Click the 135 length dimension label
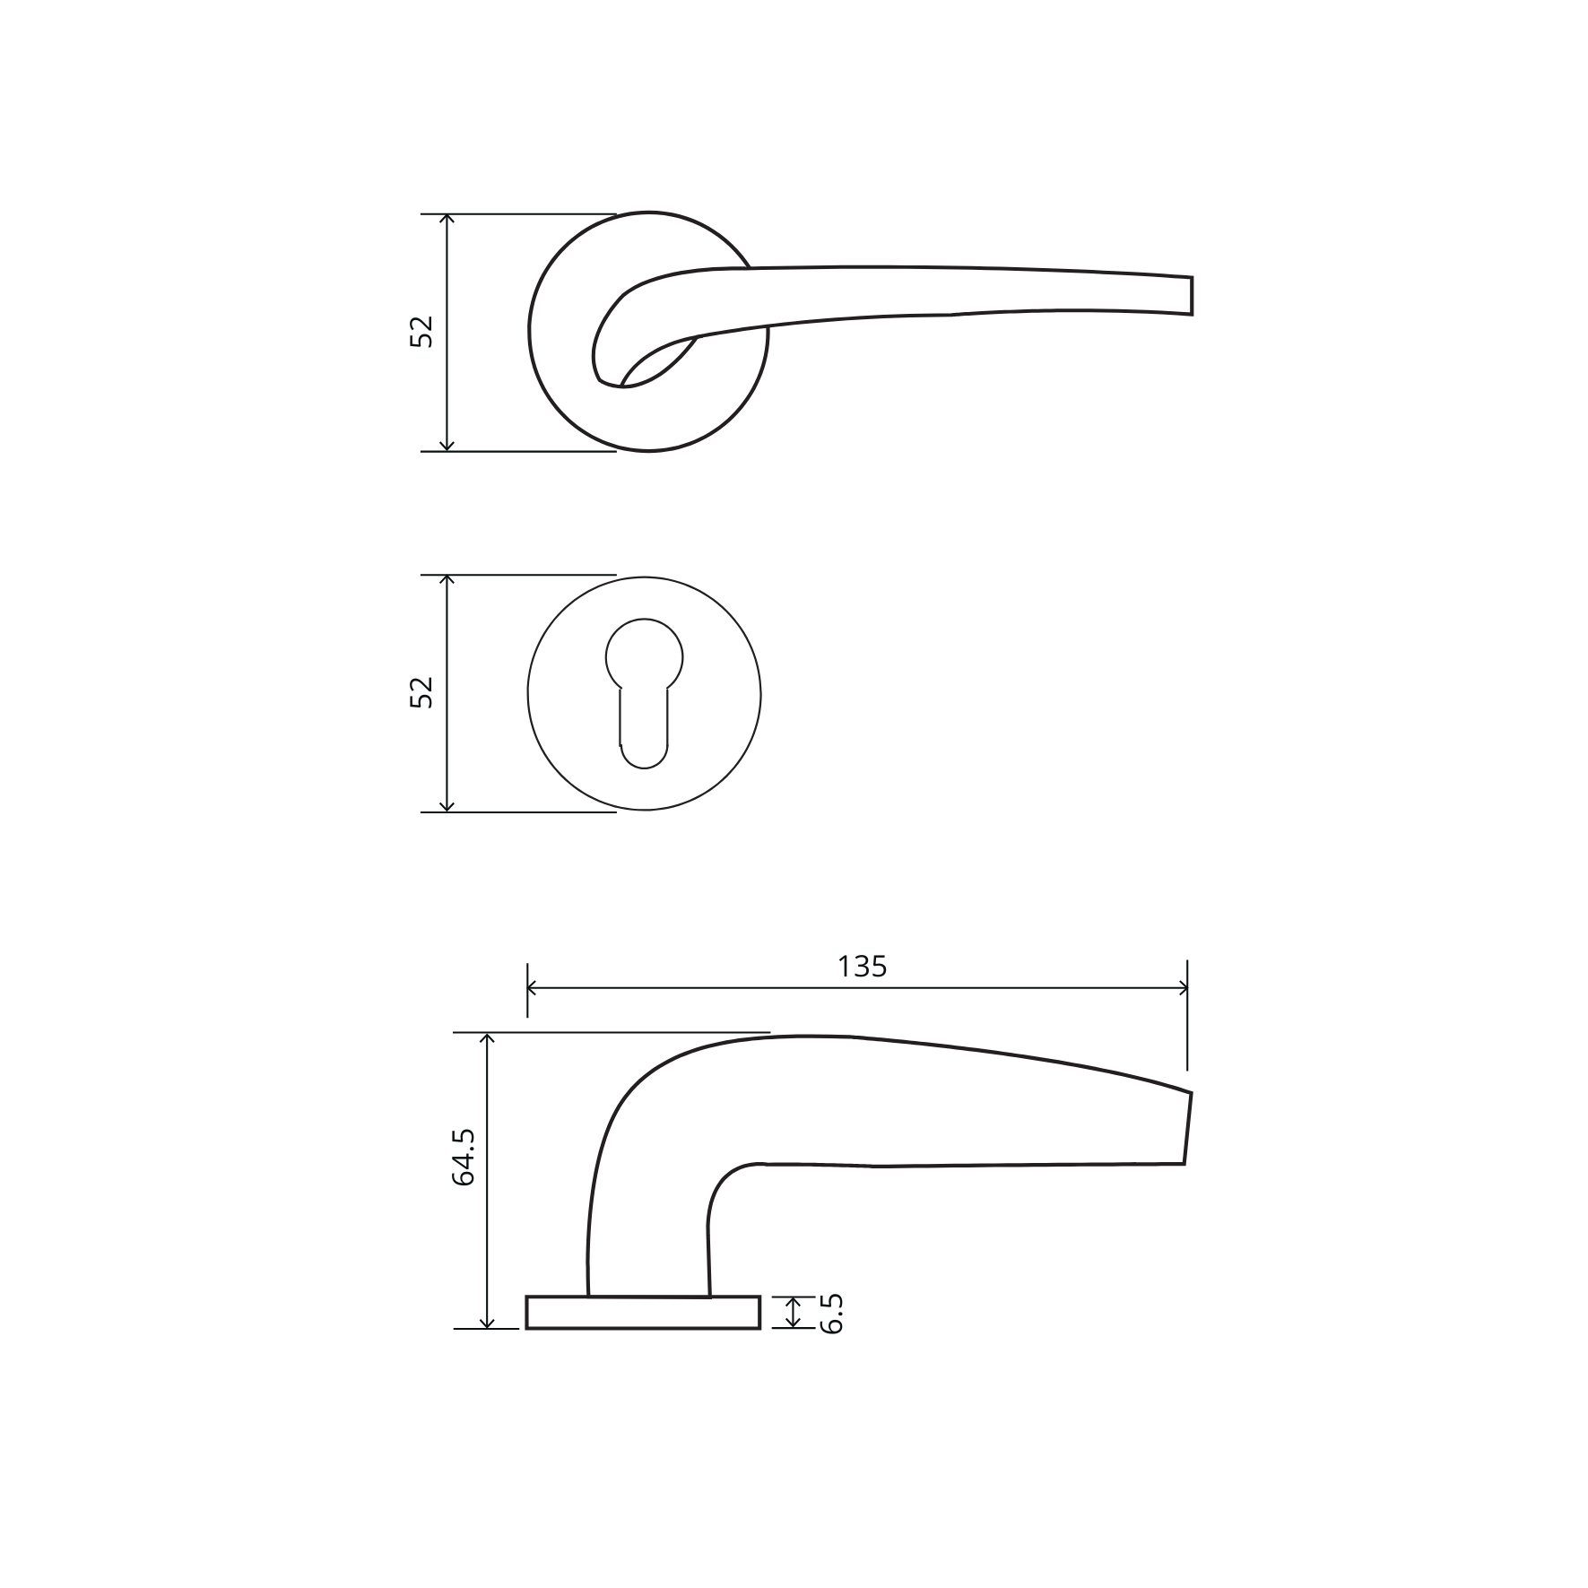[862, 967]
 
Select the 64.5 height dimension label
[463, 1158]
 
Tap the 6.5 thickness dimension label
[831, 1315]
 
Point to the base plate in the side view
[643, 1312]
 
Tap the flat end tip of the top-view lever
[1192, 296]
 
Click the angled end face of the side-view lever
[1188, 1128]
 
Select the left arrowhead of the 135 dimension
[531, 988]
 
